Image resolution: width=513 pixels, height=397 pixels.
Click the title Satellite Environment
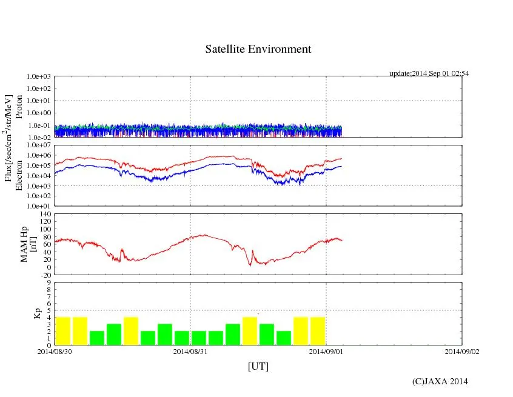258,49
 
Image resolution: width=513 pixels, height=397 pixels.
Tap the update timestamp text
429,73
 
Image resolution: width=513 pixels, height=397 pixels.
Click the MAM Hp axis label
24,241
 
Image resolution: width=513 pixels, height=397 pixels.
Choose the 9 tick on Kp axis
49,282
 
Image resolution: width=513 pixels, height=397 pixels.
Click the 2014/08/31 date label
190,352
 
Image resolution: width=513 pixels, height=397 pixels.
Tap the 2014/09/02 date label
462,352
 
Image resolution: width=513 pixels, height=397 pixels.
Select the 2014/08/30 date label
55,352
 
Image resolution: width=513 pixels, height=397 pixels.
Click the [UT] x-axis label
258,367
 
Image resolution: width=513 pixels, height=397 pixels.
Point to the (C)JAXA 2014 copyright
440,381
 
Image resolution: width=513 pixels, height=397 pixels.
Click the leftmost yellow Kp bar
63,331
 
